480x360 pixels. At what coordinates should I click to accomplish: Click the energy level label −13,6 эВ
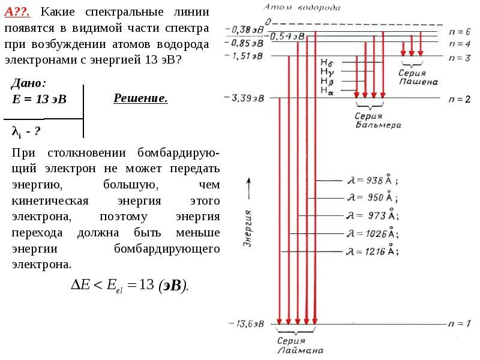(x=247, y=324)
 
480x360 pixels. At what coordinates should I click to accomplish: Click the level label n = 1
(x=459, y=324)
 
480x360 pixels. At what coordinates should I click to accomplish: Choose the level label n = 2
(x=459, y=98)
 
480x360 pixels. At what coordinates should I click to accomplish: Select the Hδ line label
(x=326, y=62)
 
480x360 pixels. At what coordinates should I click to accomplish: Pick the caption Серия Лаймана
(x=300, y=346)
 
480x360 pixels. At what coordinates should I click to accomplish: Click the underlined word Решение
(x=140, y=98)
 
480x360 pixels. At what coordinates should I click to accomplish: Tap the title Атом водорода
(x=302, y=7)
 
